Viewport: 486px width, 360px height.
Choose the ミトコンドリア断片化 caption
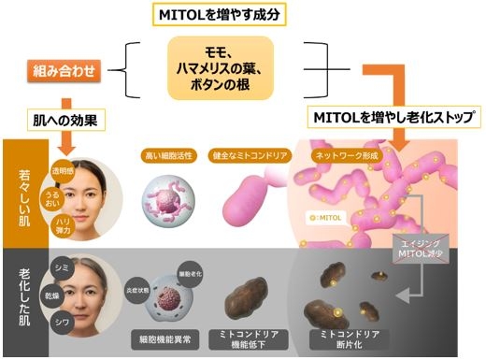click(x=349, y=336)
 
